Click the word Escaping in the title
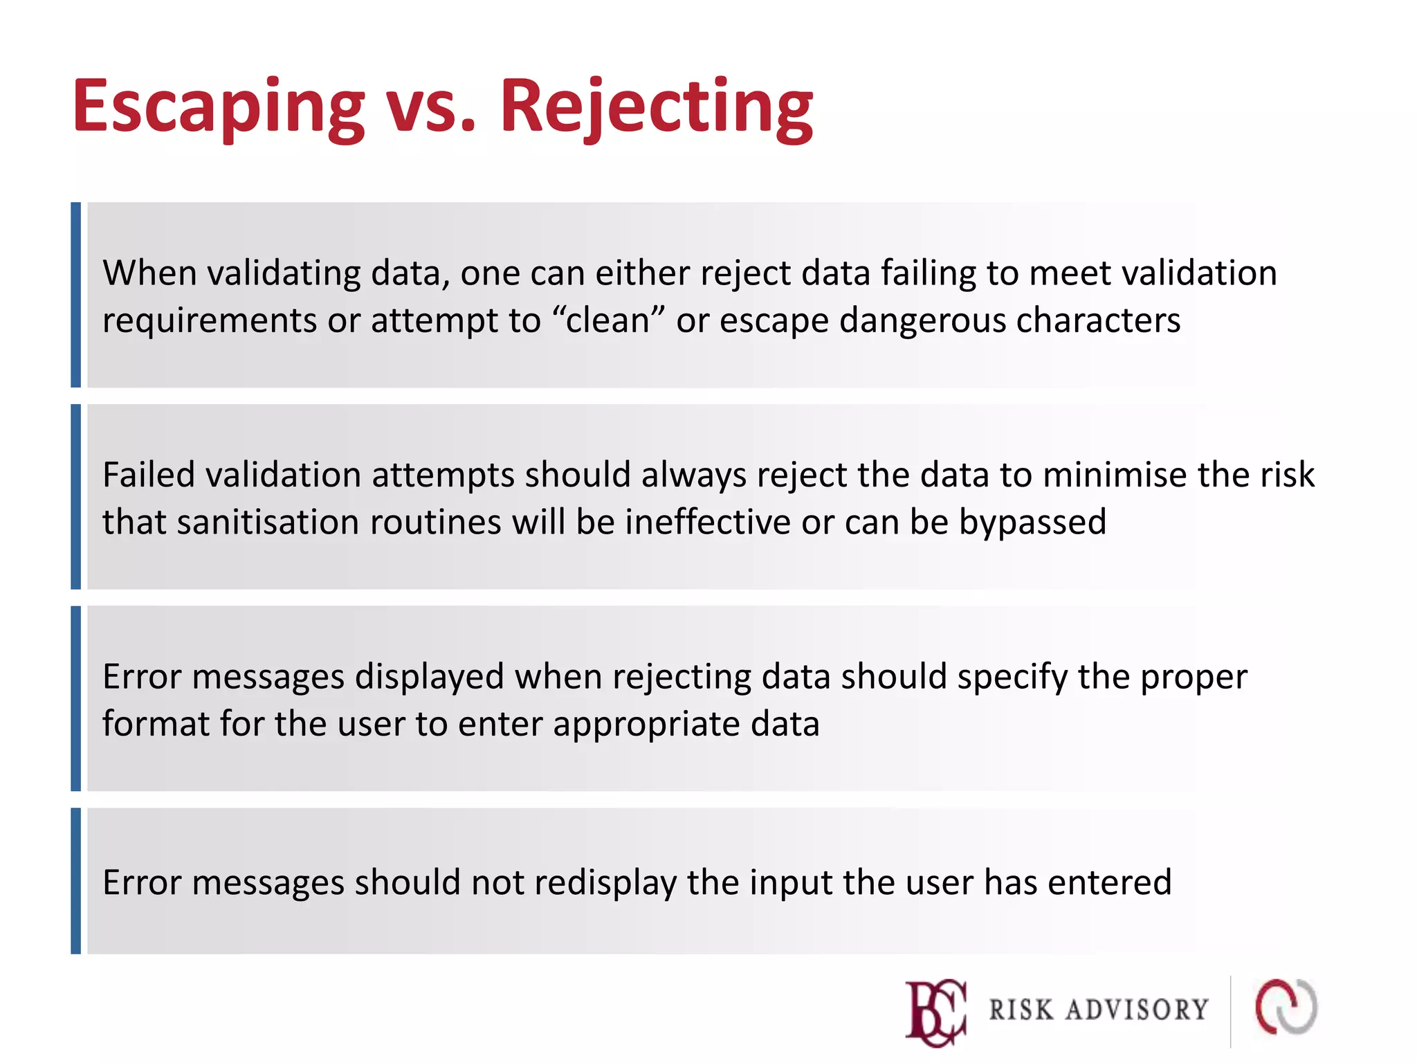pyautogui.click(x=219, y=107)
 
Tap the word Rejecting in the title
pyautogui.click(x=656, y=107)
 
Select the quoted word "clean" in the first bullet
pyautogui.click(x=609, y=320)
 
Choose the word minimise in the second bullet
pyautogui.click(x=1115, y=475)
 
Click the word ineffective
pyautogui.click(x=708, y=522)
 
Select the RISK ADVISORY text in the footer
pyautogui.click(x=1098, y=1010)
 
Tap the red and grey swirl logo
pyautogui.click(x=1286, y=1007)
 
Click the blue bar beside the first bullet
pyautogui.click(x=76, y=295)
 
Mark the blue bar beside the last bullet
pyautogui.click(x=76, y=880)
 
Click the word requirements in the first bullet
pyautogui.click(x=210, y=320)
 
